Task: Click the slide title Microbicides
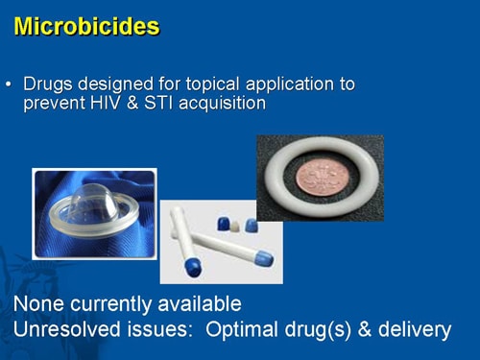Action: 86,26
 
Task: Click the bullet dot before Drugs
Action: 9,84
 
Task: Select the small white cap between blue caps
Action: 234,226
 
